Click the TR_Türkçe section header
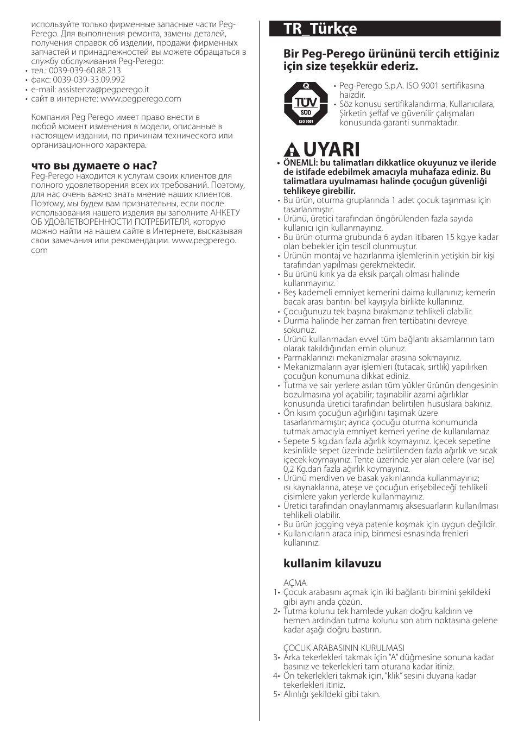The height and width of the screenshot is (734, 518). (320, 29)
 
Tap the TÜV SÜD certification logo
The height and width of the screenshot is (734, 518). (306, 104)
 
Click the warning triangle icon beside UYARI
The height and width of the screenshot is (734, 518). (292, 150)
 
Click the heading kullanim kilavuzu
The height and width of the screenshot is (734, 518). (332, 563)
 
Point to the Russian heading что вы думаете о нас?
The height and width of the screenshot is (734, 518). (94, 165)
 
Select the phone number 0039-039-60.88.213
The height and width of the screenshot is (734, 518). (85, 71)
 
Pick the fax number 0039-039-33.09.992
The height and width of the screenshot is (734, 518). (89, 80)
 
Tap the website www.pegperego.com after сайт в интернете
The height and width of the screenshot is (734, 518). (141, 99)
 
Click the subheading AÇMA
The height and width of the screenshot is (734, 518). (295, 583)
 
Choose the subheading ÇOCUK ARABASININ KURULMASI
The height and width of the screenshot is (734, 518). (343, 648)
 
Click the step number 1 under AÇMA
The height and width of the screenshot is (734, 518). (275, 592)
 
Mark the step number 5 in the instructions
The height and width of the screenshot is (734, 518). (275, 694)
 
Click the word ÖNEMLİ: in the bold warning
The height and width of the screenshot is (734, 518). (300, 163)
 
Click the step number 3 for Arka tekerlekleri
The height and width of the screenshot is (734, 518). (275, 657)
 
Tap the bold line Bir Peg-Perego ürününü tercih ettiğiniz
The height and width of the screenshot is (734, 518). (391, 54)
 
